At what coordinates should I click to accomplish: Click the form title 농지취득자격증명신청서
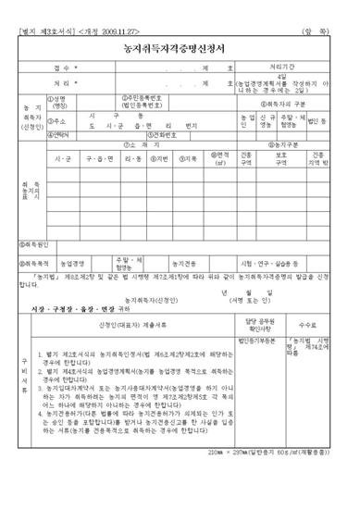tap(179, 46)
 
